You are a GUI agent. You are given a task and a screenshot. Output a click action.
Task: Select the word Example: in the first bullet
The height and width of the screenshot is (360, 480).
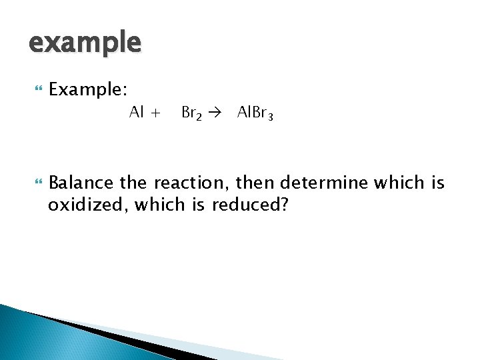point(89,89)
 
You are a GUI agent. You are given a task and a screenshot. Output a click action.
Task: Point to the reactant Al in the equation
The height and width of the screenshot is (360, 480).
point(137,113)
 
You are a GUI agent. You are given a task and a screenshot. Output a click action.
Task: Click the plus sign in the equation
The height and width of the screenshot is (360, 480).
point(155,113)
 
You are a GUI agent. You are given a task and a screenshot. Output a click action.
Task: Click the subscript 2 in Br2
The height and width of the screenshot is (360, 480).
point(198,117)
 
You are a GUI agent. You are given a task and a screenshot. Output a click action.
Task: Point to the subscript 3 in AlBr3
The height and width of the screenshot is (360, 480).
point(269,117)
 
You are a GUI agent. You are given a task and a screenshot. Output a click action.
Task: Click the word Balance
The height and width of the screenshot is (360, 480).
point(82,182)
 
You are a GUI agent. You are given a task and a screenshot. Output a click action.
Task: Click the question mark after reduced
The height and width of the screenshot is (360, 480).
point(284,205)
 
